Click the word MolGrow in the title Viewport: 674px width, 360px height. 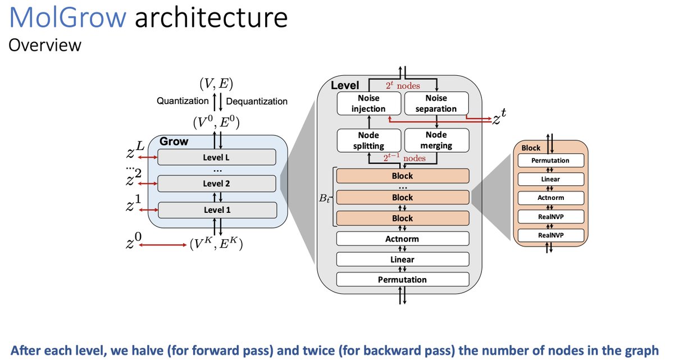point(68,17)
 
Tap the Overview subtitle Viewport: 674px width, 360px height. point(45,45)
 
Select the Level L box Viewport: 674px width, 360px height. point(217,157)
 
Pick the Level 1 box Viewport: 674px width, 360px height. point(217,210)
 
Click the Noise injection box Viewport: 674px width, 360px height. point(369,103)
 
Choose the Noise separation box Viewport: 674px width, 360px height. point(436,103)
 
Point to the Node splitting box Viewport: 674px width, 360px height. point(369,140)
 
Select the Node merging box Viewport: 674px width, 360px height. point(436,140)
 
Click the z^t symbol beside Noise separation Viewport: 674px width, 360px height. point(499,117)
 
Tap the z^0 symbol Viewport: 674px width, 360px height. point(134,241)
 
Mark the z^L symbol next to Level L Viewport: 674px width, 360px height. point(135,150)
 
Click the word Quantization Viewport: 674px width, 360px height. point(183,101)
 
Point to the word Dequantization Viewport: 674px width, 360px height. point(257,101)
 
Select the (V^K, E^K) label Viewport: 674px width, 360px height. point(216,244)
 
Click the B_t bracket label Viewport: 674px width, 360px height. point(324,198)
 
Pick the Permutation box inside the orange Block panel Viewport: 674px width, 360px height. point(550,161)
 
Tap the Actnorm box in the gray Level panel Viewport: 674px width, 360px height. point(403,239)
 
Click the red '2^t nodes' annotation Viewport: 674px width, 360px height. point(403,86)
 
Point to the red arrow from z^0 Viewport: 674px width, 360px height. point(163,245)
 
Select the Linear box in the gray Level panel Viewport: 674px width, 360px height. point(403,259)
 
